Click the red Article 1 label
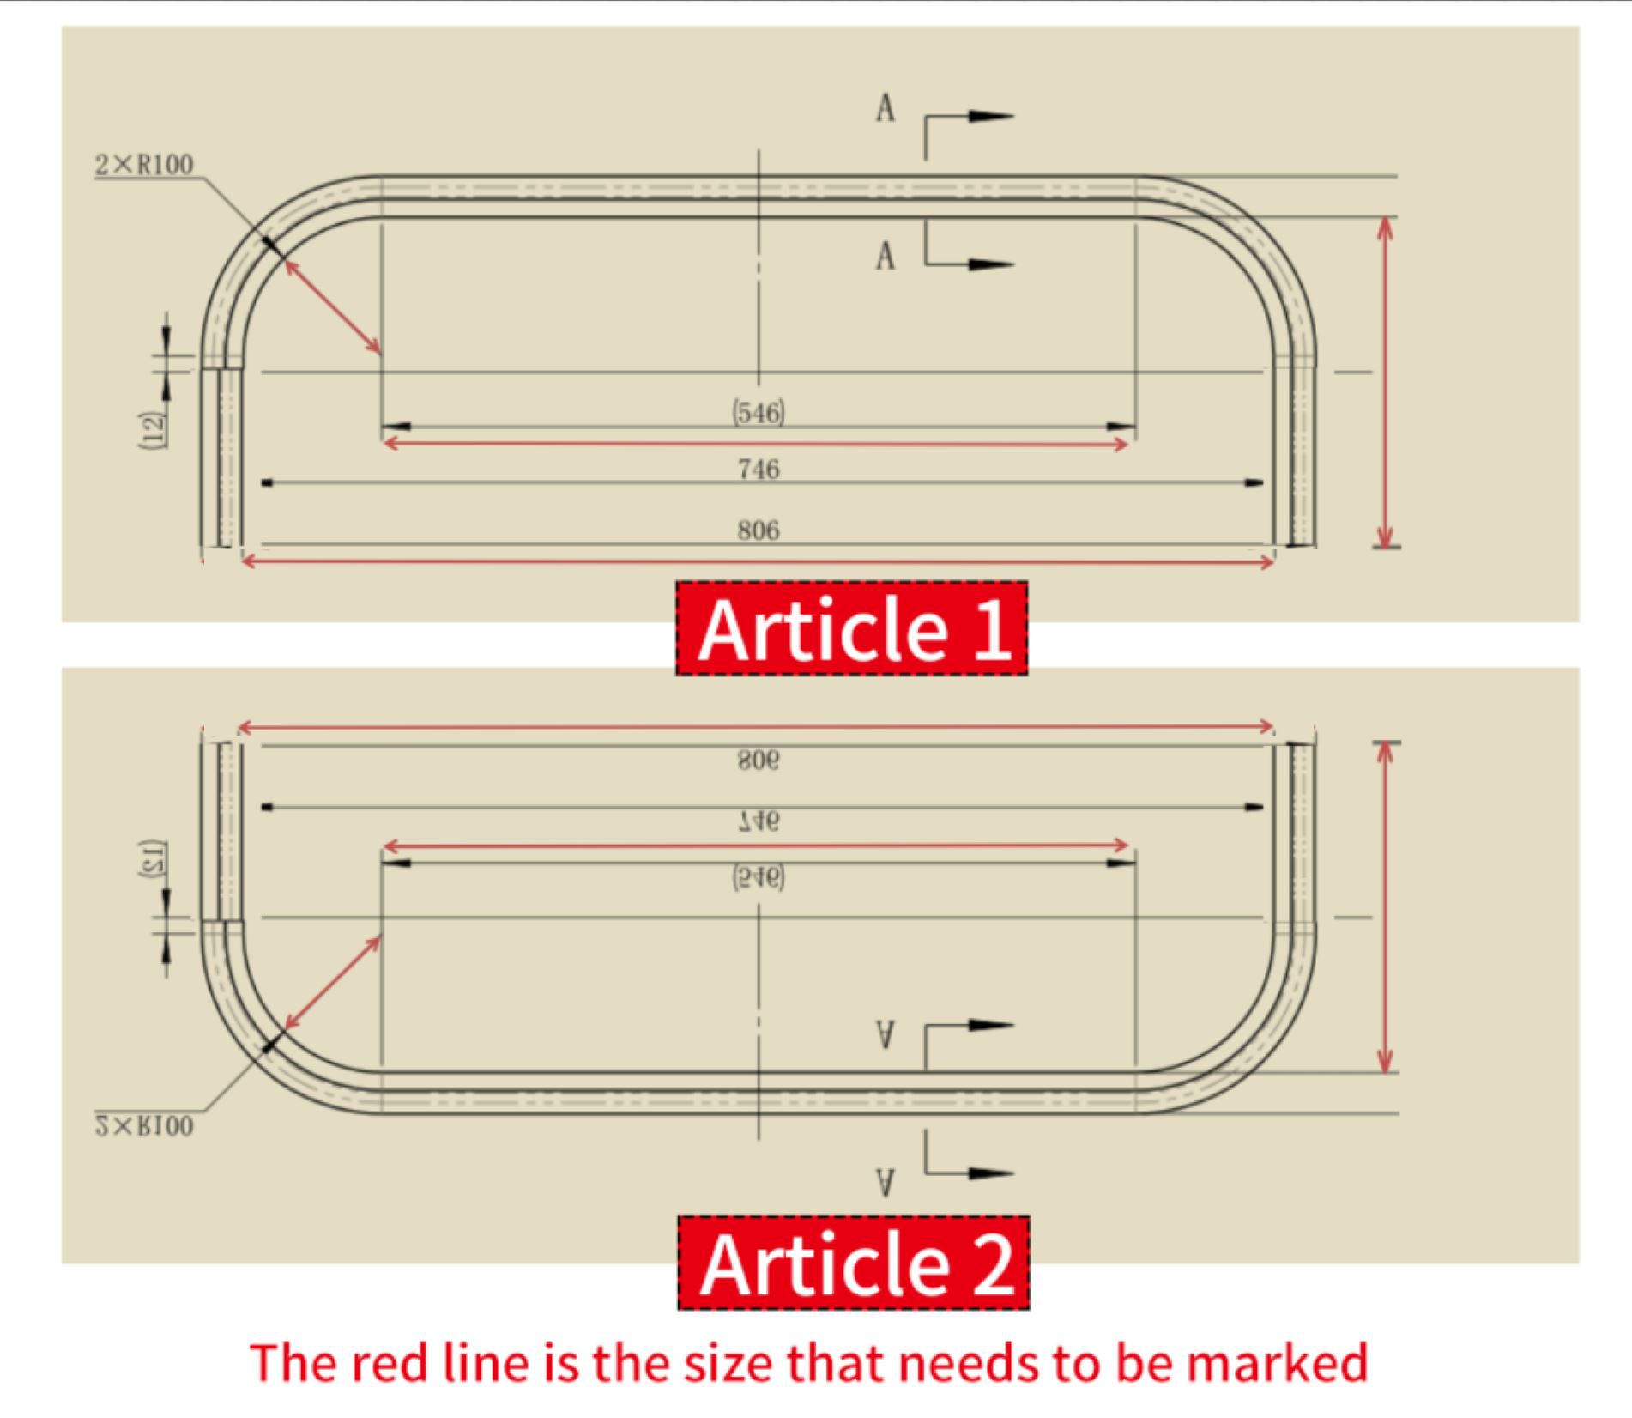click(x=851, y=628)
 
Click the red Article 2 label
click(x=853, y=1263)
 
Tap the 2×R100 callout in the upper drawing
click(x=144, y=164)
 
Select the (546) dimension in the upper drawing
click(x=759, y=413)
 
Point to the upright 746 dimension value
click(x=759, y=469)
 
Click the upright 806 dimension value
click(x=759, y=530)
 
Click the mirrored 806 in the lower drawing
click(x=759, y=761)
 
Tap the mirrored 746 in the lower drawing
click(x=759, y=821)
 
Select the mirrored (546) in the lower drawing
click(x=759, y=877)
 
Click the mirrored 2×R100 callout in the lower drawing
click(x=144, y=1126)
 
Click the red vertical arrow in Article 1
click(x=1383, y=382)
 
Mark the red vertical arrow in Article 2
click(x=1383, y=907)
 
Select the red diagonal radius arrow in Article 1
click(x=333, y=306)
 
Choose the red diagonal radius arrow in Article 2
click(x=333, y=983)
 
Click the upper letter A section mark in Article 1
click(x=886, y=109)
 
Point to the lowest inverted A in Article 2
click(x=886, y=1183)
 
